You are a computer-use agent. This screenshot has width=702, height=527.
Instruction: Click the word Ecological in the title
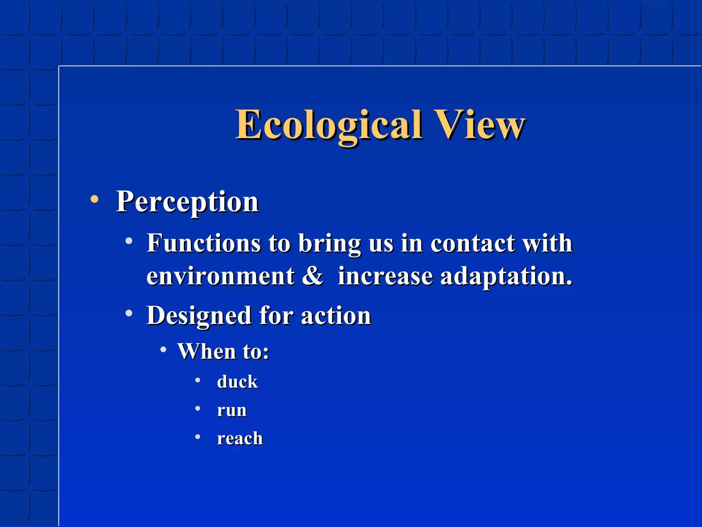click(328, 125)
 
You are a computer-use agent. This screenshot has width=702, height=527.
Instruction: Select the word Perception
click(187, 202)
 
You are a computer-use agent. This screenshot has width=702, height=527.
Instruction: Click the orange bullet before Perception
click(94, 199)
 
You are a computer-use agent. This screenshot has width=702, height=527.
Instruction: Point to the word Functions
click(204, 243)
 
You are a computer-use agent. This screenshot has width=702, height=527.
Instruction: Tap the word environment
click(220, 276)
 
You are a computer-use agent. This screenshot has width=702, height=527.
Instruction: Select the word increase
click(385, 276)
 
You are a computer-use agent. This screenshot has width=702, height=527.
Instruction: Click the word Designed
click(198, 316)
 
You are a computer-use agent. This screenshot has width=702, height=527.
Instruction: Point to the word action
click(336, 316)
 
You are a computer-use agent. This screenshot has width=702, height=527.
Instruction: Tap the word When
click(207, 351)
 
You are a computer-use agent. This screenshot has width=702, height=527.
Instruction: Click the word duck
click(237, 382)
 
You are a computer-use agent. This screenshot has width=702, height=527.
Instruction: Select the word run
click(232, 410)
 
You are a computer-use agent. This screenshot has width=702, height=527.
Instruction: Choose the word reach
click(240, 438)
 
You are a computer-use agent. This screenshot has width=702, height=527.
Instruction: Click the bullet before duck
click(198, 380)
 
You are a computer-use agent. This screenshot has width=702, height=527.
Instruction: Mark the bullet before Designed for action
click(129, 313)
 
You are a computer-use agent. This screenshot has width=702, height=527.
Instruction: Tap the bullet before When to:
click(164, 350)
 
